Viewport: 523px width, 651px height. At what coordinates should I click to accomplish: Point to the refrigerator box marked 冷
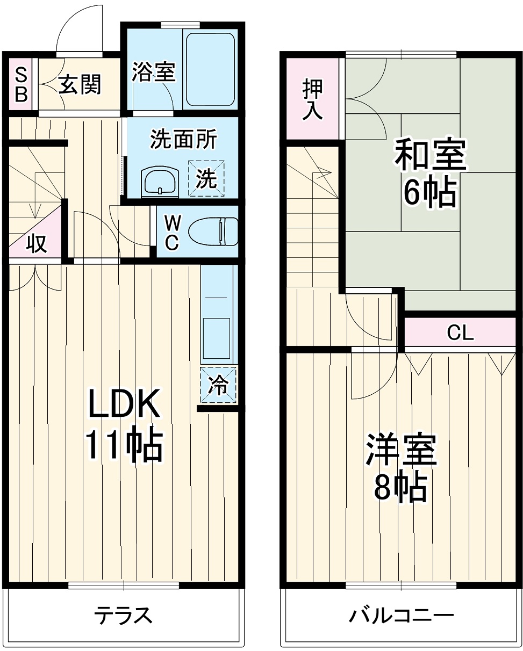218,385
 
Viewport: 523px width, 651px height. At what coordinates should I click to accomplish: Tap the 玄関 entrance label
80,84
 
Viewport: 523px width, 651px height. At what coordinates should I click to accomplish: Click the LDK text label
124,403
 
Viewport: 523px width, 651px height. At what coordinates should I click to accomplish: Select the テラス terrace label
124,615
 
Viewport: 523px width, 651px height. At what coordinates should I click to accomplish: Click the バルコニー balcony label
401,615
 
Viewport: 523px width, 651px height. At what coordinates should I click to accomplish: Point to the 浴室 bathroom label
154,71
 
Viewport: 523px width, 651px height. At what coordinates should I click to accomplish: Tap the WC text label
171,233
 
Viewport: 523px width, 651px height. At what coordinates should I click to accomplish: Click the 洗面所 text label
183,139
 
